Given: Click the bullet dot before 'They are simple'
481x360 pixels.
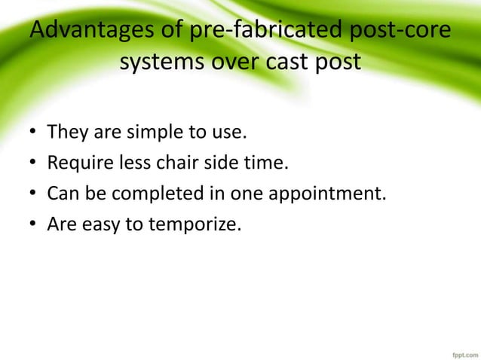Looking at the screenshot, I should [x=34, y=135].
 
